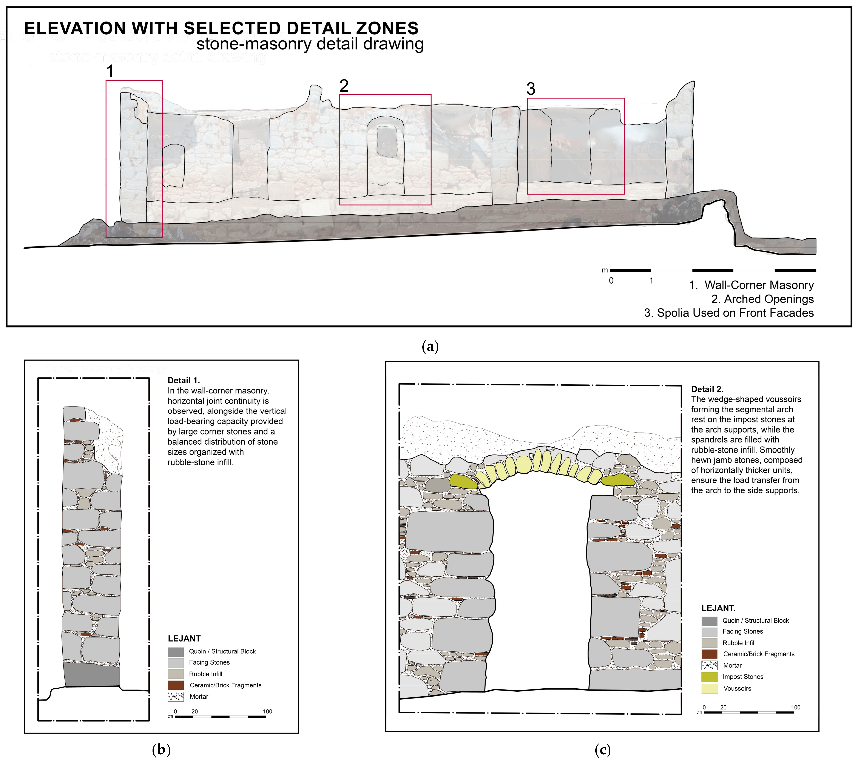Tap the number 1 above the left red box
(110, 71)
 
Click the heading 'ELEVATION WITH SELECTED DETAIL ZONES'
(221, 29)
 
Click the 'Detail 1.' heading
(184, 381)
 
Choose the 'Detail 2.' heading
(707, 389)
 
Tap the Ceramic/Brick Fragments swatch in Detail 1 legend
(176, 685)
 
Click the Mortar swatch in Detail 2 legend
(709, 665)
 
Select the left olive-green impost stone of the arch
(463, 481)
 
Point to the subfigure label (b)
(161, 749)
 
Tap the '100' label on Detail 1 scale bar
(267, 711)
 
